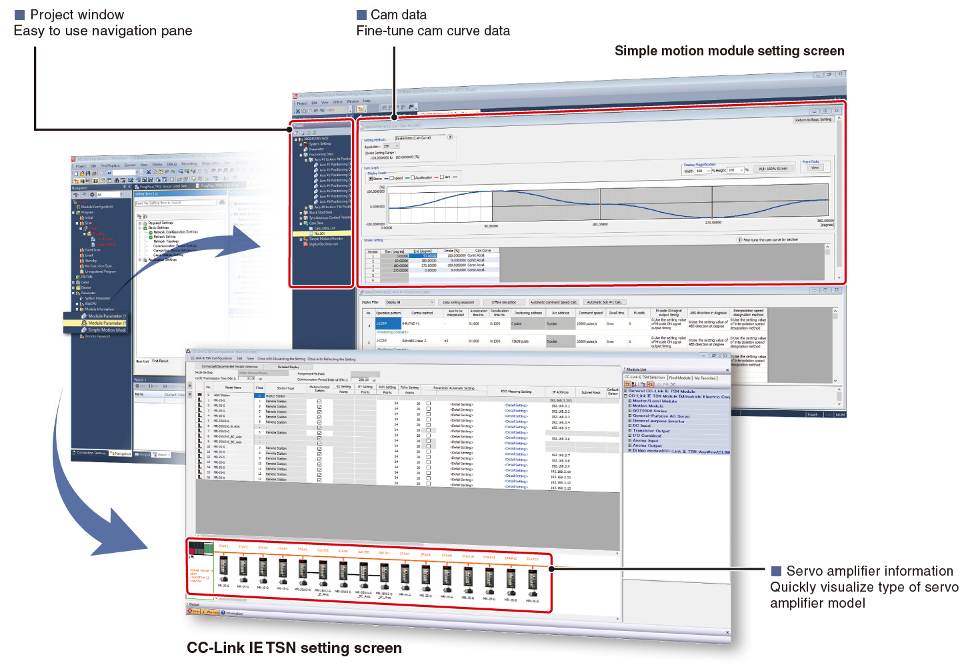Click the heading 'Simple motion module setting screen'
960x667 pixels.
pyautogui.click(x=729, y=51)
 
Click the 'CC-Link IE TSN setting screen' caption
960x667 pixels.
pyautogui.click(x=294, y=648)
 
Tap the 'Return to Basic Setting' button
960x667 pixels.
pyautogui.click(x=813, y=120)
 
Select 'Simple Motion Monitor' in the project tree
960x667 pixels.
pyautogui.click(x=326, y=239)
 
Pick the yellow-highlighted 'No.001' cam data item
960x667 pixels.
pyautogui.click(x=320, y=233)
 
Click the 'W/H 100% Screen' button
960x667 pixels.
pyautogui.click(x=773, y=169)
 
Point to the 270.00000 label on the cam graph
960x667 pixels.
pyautogui.click(x=713, y=223)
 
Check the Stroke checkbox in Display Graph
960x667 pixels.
pyautogui.click(x=371, y=178)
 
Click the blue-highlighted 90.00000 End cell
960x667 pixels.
pyautogui.click(x=423, y=255)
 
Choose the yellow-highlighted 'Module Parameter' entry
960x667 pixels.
pyautogui.click(x=105, y=323)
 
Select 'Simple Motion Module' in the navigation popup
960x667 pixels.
pyautogui.click(x=107, y=330)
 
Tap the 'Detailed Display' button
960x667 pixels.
pyautogui.click(x=288, y=367)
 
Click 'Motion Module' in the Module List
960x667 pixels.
pyautogui.click(x=647, y=406)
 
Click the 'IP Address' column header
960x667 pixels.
pyautogui.click(x=560, y=392)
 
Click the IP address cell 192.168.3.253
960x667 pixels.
pyautogui.click(x=560, y=401)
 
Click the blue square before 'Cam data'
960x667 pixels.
pyautogui.click(x=362, y=15)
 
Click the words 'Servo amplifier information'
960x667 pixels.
pyautogui.click(x=869, y=571)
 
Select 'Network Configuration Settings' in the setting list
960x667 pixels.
pyautogui.click(x=175, y=232)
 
